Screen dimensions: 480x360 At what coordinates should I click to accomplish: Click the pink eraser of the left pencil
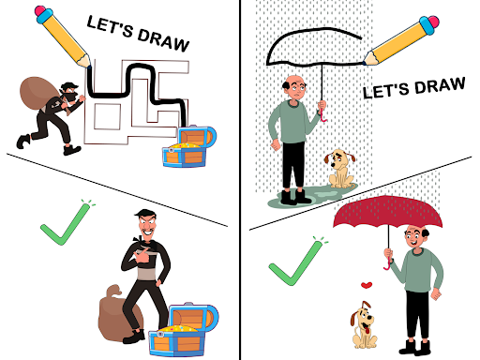(x=40, y=11)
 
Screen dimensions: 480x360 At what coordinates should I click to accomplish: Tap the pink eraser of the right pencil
(x=433, y=22)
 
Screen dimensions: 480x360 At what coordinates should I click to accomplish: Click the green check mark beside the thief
(x=67, y=223)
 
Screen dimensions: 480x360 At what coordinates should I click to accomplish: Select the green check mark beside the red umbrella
(x=297, y=262)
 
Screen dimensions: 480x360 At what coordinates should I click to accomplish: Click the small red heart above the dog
(x=367, y=285)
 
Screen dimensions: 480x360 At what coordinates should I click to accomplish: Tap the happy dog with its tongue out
(x=364, y=325)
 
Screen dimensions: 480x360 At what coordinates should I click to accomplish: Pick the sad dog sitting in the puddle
(x=340, y=169)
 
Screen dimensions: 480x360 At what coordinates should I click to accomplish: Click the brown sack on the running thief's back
(x=38, y=93)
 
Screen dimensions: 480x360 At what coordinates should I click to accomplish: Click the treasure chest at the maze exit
(x=188, y=146)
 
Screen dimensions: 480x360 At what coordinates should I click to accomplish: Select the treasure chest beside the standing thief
(x=183, y=329)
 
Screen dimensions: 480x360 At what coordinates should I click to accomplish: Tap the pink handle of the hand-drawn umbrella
(x=322, y=114)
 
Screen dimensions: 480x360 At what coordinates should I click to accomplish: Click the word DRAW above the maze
(x=163, y=40)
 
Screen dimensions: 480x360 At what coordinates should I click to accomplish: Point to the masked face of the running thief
(x=70, y=94)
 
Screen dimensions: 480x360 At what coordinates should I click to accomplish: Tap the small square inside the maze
(x=107, y=116)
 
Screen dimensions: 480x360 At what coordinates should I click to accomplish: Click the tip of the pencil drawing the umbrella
(x=365, y=63)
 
